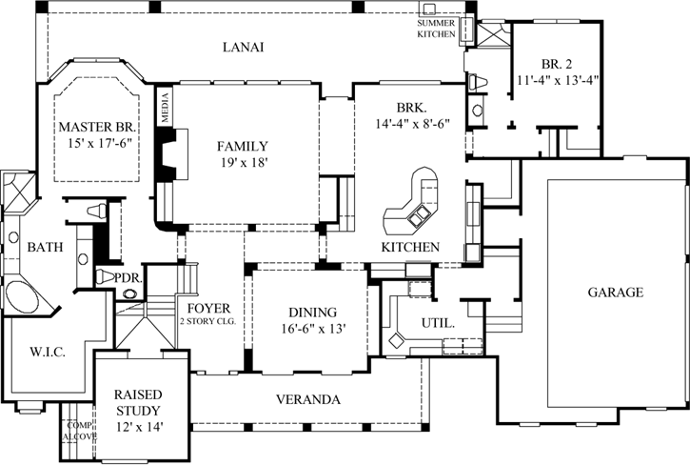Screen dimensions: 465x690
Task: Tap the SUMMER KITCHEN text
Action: [437, 28]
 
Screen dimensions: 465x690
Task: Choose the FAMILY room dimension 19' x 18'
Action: [242, 163]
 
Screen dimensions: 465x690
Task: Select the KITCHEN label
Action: [410, 247]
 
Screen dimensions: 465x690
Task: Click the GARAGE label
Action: [615, 293]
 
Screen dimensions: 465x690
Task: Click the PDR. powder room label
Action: [128, 277]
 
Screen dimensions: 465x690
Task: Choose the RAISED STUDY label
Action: [137, 402]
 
